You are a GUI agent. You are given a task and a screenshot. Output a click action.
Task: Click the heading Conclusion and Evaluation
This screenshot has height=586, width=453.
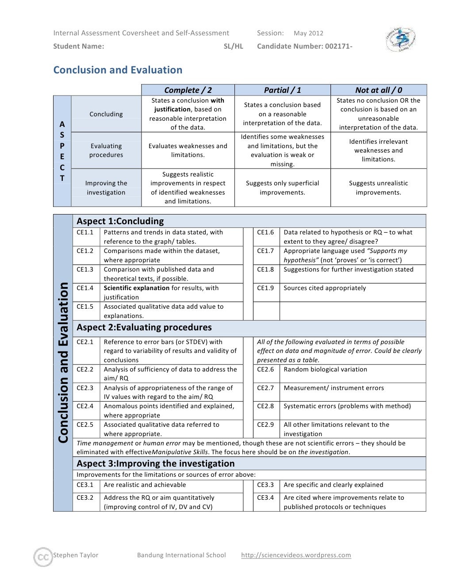[118, 70]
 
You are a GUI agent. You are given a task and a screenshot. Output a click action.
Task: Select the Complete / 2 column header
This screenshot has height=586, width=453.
[188, 90]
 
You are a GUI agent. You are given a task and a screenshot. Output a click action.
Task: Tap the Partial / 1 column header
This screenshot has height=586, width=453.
[282, 90]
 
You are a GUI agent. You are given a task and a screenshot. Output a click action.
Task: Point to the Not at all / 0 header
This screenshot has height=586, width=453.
[378, 90]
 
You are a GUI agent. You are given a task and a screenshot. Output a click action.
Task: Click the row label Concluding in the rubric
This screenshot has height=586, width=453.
[106, 114]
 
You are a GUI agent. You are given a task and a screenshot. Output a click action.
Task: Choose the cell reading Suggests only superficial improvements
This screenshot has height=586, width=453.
[282, 188]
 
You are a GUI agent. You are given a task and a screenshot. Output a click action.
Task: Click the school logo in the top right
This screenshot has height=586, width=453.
[400, 40]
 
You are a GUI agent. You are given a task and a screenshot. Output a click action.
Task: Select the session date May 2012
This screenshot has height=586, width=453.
[308, 33]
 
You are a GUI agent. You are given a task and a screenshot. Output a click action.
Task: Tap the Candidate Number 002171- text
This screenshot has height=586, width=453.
[304, 46]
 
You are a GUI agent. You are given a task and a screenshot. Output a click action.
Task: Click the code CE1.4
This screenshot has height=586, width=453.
[85, 288]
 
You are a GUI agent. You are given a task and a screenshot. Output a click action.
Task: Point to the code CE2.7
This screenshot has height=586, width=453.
[265, 388]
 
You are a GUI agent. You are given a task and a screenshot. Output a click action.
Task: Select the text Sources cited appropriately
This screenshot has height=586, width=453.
[325, 288]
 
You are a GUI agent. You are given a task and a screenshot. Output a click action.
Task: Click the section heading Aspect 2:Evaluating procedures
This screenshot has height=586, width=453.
[144, 327]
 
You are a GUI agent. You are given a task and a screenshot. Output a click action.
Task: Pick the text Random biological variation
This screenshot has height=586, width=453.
[325, 369]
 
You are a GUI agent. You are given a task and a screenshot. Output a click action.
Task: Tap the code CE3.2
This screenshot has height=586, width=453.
[85, 498]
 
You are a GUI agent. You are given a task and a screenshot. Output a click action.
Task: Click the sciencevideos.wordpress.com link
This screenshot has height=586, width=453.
[296, 555]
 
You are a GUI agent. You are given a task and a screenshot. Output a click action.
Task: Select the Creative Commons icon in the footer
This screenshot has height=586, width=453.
[43, 557]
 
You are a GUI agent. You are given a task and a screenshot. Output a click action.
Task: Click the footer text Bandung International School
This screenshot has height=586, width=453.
[181, 555]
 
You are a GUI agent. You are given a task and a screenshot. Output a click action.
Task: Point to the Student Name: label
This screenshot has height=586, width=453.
[79, 46]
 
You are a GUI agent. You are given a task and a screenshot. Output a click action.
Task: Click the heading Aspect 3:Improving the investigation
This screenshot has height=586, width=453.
[156, 463]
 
